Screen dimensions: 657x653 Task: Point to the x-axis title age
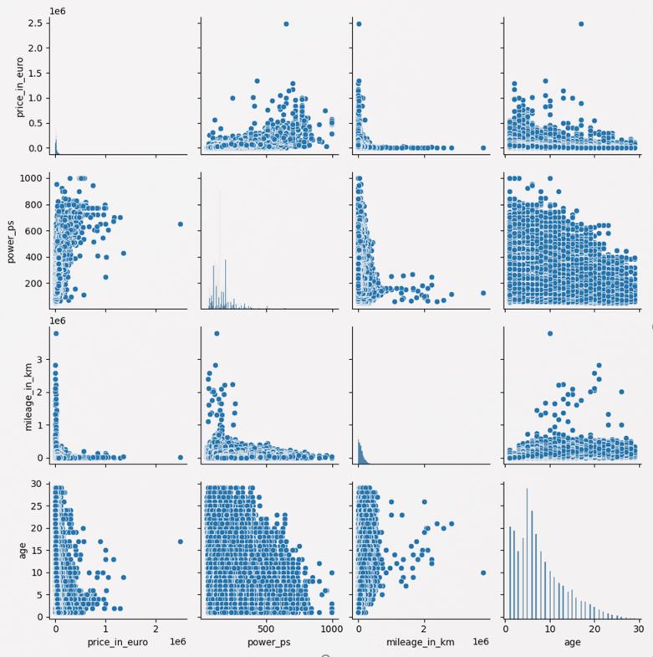572,645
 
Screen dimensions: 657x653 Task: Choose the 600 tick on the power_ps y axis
33,228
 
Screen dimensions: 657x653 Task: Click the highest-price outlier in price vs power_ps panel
286,24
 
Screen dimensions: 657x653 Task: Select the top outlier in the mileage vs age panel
550,333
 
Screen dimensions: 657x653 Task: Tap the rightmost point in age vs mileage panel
483,572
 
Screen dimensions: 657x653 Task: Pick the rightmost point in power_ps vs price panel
181,223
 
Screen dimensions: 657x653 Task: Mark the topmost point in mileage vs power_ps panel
217,333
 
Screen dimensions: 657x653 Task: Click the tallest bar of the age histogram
527,489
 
